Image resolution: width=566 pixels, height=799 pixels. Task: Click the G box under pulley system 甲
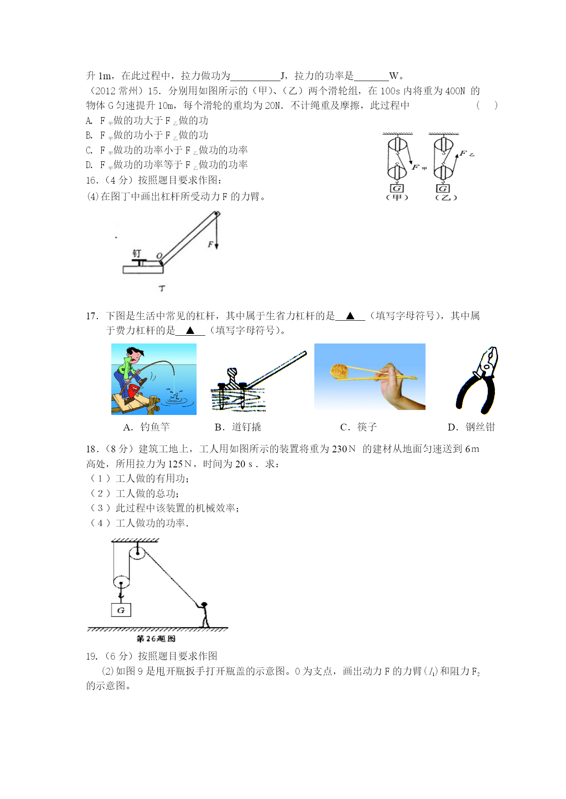[x=397, y=188]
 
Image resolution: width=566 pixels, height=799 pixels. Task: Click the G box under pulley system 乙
[x=443, y=188]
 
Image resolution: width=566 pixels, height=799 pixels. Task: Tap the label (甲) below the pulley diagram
[x=397, y=197]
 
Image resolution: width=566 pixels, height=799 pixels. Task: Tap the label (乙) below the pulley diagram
[x=446, y=197]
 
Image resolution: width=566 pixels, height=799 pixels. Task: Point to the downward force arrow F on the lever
[x=217, y=232]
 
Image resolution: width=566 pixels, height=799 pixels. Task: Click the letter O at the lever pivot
[x=159, y=256]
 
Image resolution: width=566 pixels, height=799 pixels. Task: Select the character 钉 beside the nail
[x=137, y=253]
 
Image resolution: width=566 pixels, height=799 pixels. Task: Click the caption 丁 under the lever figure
[x=162, y=288]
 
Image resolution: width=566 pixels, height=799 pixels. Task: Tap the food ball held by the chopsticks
[x=339, y=370]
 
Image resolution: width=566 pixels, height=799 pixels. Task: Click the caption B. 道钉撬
[x=238, y=427]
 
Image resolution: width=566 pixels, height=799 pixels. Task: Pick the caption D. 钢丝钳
[x=471, y=427]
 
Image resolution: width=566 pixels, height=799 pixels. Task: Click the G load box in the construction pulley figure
[x=121, y=610]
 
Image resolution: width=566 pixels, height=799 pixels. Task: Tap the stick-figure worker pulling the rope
[x=204, y=615]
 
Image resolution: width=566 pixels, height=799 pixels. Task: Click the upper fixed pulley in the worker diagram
[x=137, y=553]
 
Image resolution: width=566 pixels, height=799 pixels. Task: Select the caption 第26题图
[x=156, y=639]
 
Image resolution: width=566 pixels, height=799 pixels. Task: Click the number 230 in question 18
[x=339, y=449]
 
